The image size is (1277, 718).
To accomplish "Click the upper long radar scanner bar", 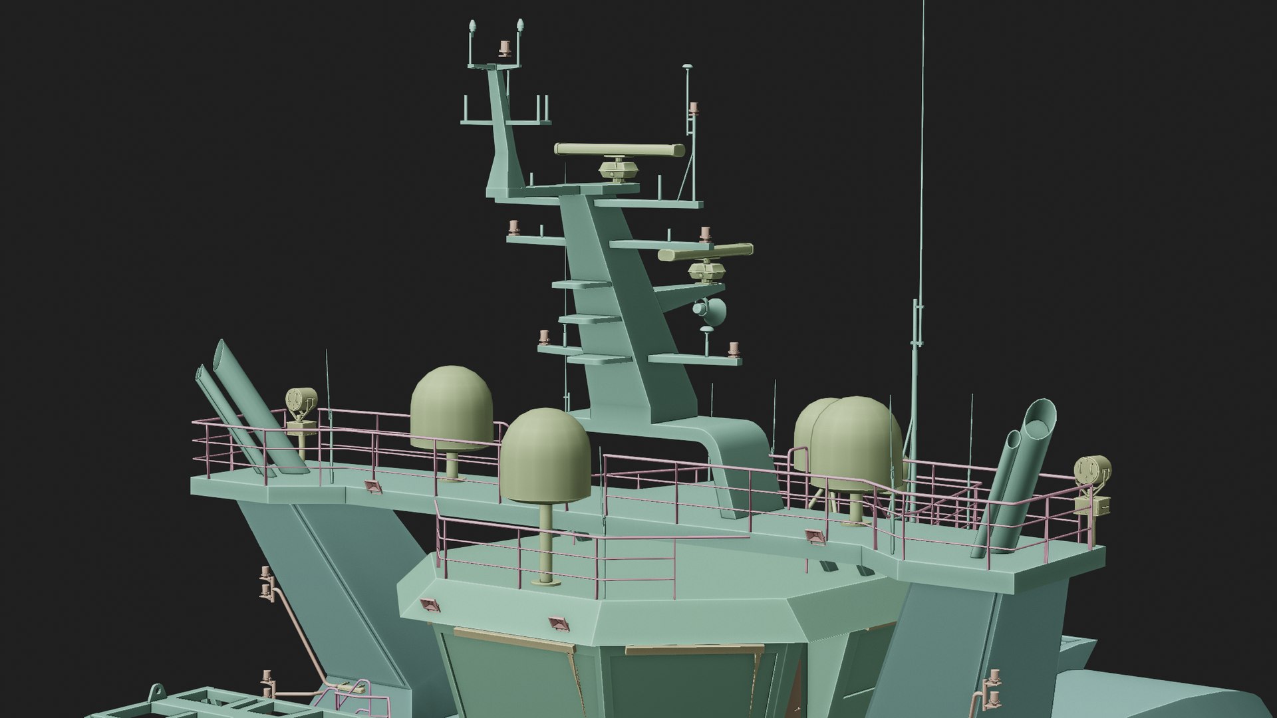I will tap(619, 150).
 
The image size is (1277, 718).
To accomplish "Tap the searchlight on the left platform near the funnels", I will tap(299, 402).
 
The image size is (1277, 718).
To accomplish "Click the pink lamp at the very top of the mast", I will tap(503, 47).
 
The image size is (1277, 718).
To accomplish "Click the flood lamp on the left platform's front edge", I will tap(373, 489).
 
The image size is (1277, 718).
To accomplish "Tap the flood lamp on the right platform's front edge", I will tap(813, 536).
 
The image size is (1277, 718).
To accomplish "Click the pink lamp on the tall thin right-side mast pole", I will tap(692, 108).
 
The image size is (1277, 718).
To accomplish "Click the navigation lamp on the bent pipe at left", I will tap(267, 575).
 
